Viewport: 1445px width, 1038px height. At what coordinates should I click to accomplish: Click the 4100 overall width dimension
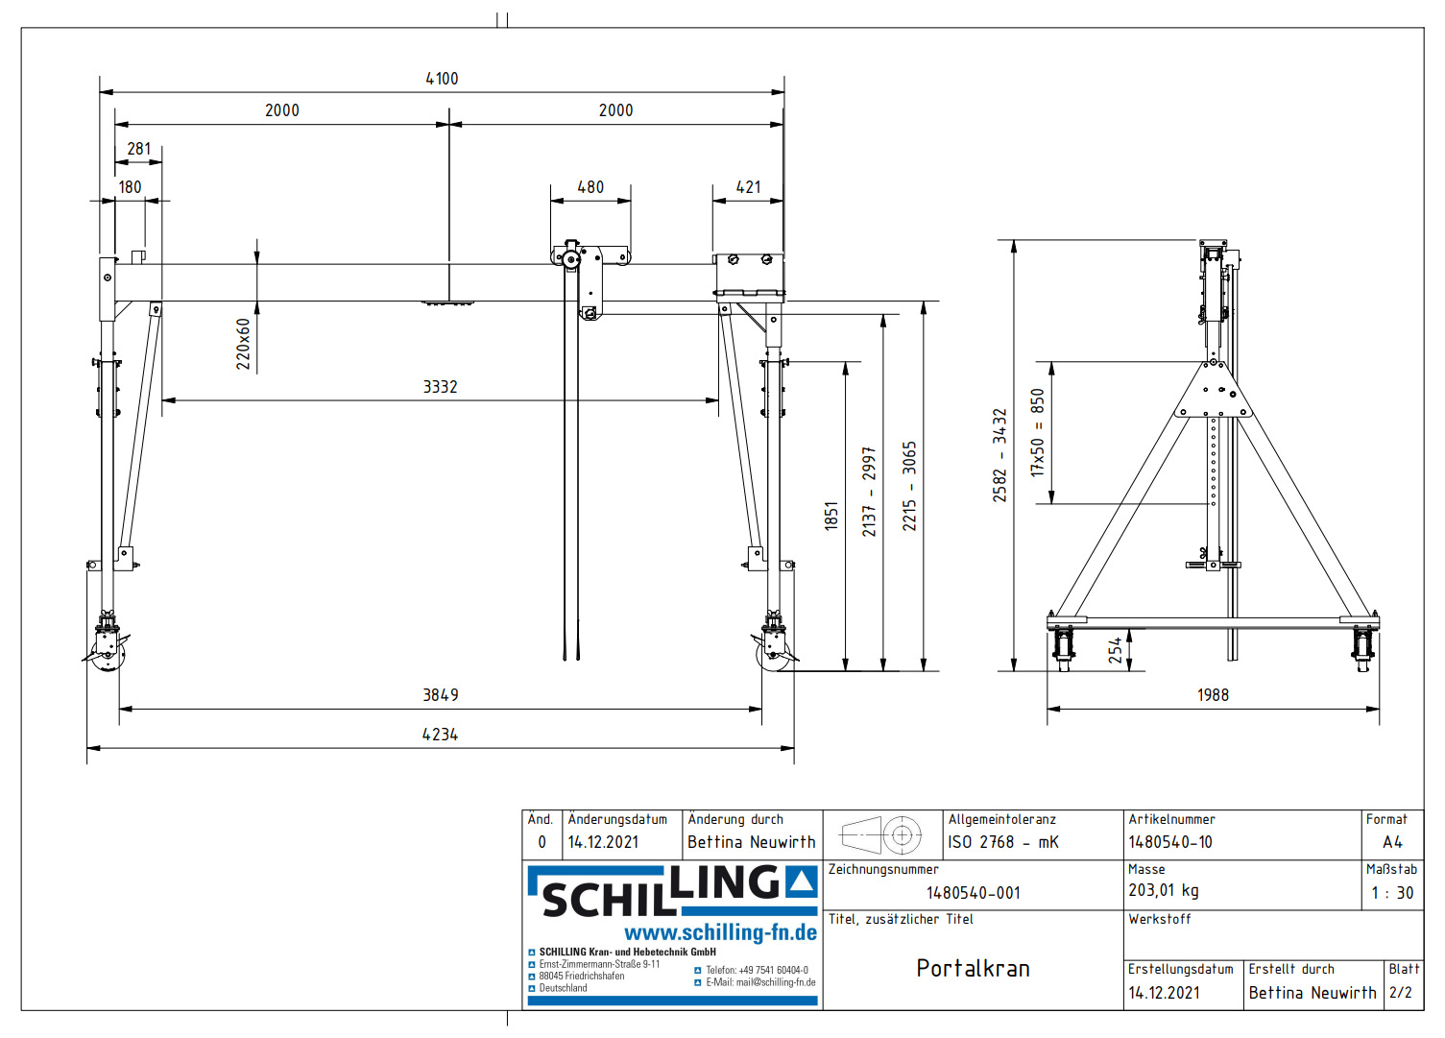point(442,79)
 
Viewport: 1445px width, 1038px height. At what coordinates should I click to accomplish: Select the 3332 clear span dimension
point(440,387)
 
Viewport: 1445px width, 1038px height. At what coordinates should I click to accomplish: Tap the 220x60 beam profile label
point(243,344)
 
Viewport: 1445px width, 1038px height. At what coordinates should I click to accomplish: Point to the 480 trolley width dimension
point(590,187)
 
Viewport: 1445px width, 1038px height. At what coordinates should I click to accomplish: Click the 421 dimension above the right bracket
point(748,187)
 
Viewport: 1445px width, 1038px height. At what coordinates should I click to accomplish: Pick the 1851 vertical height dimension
point(831,516)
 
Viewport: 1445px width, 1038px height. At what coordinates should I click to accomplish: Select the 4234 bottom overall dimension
point(440,735)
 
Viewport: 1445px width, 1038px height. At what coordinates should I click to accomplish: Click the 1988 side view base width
point(1213,695)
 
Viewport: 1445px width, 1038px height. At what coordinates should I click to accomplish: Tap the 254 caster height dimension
point(1115,650)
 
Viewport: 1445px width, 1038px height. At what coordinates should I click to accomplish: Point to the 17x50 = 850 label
point(1037,432)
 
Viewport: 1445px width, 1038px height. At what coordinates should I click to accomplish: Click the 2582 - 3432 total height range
point(999,455)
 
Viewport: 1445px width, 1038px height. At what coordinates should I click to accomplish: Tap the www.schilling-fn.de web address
point(720,933)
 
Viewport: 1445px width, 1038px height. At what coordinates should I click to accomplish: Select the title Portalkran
point(973,968)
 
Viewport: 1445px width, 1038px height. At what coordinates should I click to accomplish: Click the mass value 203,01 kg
point(1163,891)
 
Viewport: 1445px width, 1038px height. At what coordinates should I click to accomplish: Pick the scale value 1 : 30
point(1392,893)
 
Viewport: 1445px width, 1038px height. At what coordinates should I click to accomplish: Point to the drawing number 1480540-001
point(973,893)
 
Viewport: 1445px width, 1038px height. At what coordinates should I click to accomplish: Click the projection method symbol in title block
point(881,835)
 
